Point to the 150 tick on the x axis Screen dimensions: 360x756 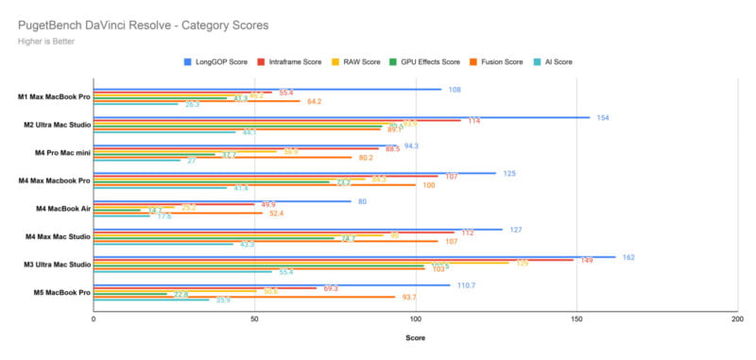pyautogui.click(x=576, y=319)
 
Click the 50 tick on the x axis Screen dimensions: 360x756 pyautogui.click(x=254, y=319)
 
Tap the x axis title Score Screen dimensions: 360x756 pyautogui.click(x=415, y=337)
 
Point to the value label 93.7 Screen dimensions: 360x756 pyautogui.click(x=408, y=297)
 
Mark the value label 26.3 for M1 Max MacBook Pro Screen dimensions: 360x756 pyautogui.click(x=192, y=104)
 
